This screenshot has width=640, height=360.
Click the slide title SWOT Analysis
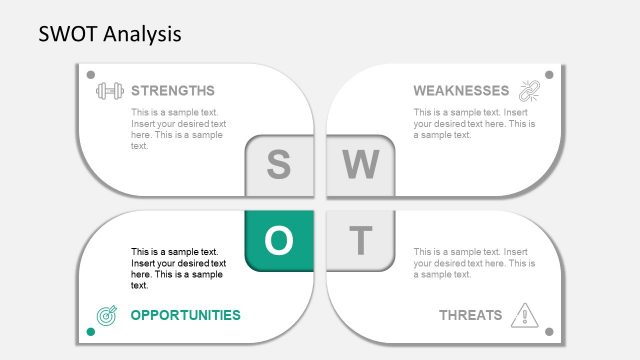110,34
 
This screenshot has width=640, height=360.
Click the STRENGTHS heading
172,90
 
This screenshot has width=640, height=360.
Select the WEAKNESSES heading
461,90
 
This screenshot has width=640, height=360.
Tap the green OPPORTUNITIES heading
185,315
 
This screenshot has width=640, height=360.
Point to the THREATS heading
470,315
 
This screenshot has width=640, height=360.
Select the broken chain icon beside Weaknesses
527,90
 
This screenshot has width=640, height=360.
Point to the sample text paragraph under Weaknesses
473,124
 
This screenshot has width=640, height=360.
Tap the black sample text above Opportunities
178,268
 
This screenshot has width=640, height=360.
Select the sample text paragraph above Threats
473,263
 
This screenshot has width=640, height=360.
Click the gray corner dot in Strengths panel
91,75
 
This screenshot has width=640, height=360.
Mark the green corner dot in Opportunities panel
91,329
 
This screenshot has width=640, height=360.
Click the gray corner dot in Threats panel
548,329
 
